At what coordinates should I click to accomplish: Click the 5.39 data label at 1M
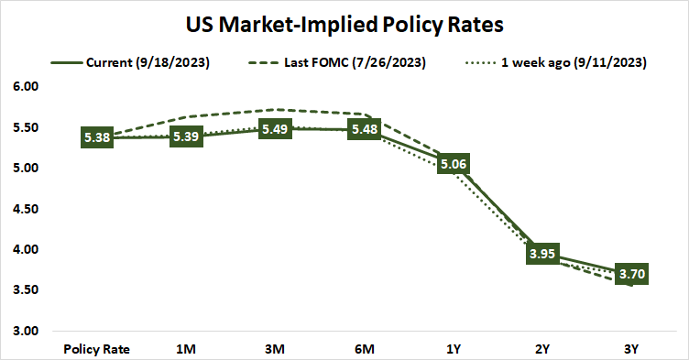[187, 136]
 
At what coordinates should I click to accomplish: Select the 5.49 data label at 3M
[276, 129]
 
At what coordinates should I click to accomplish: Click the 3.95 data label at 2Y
[543, 254]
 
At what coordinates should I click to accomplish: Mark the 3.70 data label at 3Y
[633, 274]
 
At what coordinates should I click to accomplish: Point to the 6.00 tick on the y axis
[27, 87]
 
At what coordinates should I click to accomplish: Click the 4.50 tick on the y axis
[27, 209]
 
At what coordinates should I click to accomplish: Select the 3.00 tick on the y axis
[27, 331]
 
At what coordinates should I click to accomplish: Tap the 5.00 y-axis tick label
[27, 169]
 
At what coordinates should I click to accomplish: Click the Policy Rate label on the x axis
[97, 348]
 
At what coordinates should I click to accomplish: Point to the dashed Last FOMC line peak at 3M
[276, 110]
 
